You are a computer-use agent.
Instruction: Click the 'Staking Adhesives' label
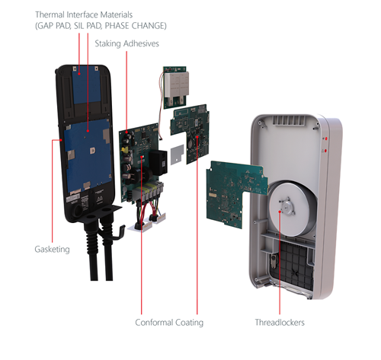[x=126, y=43]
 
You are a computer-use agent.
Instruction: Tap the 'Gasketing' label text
[x=52, y=249]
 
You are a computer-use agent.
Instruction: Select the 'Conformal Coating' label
[x=169, y=323]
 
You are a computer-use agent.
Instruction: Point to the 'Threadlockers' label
[x=280, y=323]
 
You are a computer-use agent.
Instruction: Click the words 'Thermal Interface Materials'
[x=84, y=14]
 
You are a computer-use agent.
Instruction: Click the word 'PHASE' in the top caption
[x=116, y=26]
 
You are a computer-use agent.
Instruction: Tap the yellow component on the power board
[x=124, y=150]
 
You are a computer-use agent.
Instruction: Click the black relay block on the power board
[x=158, y=162]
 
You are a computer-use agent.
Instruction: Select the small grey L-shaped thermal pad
[x=178, y=154]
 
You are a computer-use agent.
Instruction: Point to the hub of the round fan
[x=287, y=208]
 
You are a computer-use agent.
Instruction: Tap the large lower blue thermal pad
[x=88, y=155]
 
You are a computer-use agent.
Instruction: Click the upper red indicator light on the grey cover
[x=326, y=139]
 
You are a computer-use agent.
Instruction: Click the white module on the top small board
[x=177, y=84]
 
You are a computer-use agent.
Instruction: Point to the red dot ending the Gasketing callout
[x=61, y=140]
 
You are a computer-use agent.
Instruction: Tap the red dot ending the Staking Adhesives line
[x=126, y=132]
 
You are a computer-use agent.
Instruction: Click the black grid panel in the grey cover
[x=291, y=264]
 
